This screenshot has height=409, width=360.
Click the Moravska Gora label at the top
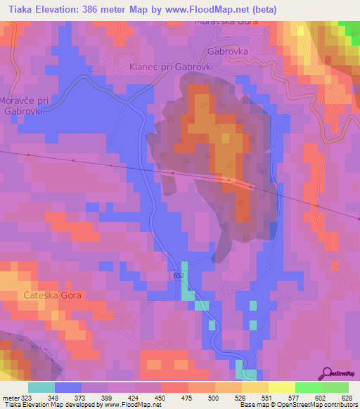tap(226, 22)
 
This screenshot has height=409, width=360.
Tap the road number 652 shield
tap(179, 276)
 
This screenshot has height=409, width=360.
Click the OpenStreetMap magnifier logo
tap(327, 372)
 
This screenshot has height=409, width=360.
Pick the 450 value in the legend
tap(161, 397)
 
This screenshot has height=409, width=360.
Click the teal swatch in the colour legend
tap(41, 387)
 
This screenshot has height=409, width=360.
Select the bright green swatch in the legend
tap(309, 387)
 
